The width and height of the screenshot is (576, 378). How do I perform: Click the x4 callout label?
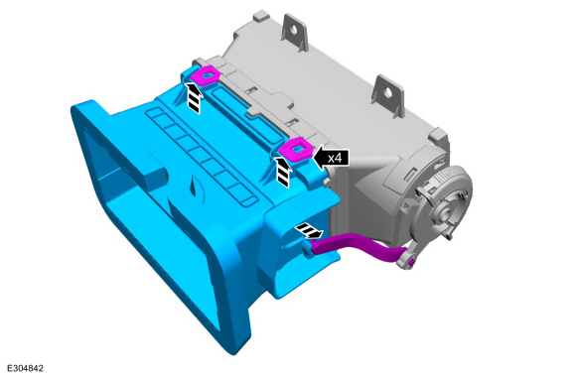335,158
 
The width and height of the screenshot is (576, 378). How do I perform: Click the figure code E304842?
25,368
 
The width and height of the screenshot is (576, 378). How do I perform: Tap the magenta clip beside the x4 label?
296,149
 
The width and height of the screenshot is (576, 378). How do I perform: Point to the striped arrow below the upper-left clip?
194,98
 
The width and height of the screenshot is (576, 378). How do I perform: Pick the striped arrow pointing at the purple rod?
310,231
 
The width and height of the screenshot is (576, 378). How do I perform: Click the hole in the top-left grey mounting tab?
293,29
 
